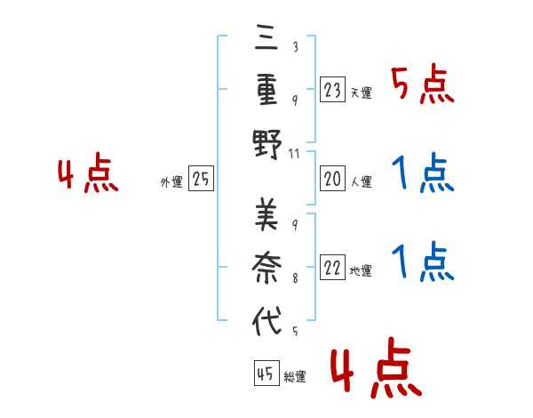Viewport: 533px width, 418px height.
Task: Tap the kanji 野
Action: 266,141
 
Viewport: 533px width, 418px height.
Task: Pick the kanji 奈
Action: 266,265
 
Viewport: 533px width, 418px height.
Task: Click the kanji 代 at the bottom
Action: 266,318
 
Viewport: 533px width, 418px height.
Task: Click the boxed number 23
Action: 333,90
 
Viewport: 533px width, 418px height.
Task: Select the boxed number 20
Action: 333,180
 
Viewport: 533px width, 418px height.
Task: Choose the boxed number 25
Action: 201,180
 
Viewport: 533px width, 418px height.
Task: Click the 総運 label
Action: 295,376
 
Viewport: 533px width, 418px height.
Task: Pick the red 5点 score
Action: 422,85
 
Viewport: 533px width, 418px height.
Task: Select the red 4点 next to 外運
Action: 89,175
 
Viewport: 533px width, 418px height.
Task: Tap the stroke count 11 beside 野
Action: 295,152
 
